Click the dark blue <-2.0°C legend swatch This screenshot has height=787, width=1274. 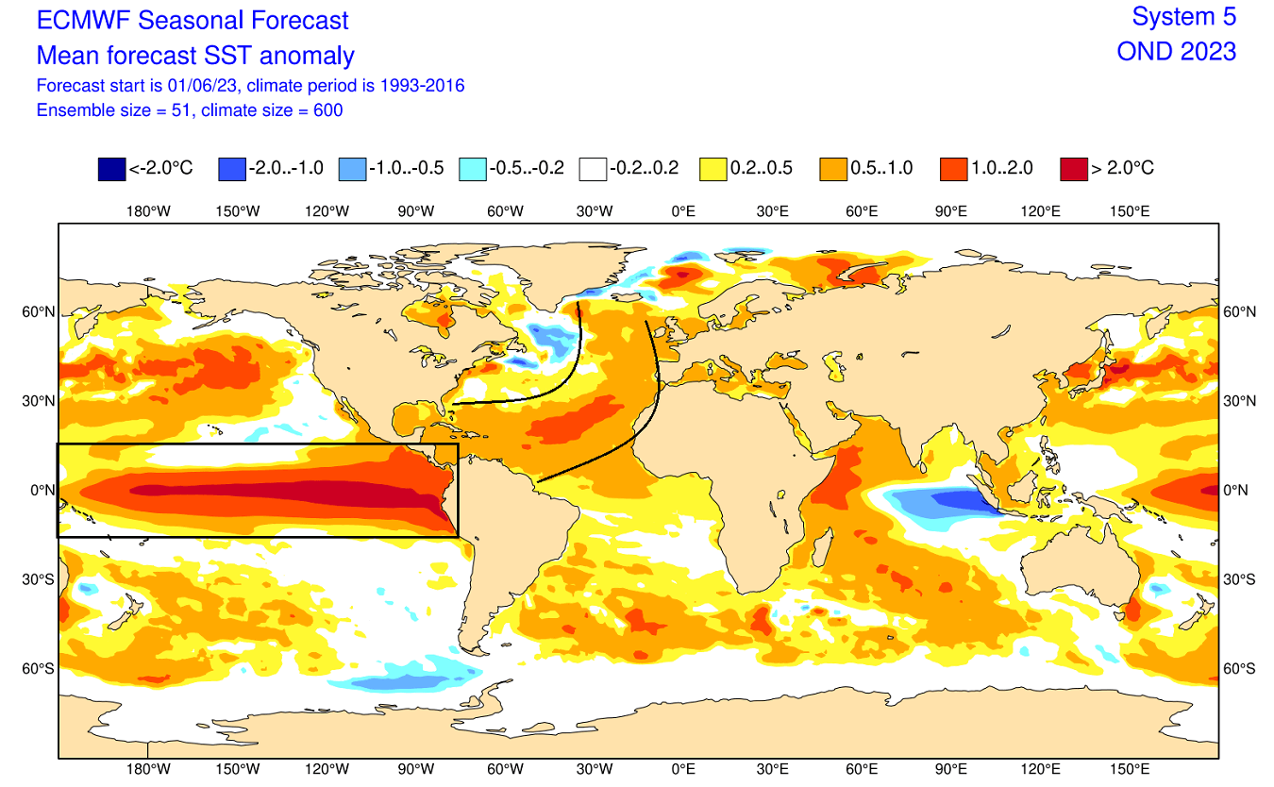(x=111, y=169)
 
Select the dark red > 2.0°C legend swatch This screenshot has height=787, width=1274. (x=1074, y=169)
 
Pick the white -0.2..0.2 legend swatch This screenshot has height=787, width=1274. (x=593, y=169)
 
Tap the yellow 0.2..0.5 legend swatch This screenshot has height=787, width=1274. (x=712, y=169)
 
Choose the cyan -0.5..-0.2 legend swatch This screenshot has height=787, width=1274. (x=472, y=169)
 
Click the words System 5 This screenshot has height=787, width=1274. (x=1183, y=17)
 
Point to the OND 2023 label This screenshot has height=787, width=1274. (x=1176, y=51)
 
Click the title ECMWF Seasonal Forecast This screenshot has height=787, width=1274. (x=193, y=20)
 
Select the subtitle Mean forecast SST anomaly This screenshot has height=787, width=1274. (x=195, y=55)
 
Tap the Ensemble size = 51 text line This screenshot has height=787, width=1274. (x=189, y=110)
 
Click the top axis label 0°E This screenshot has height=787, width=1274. (x=683, y=211)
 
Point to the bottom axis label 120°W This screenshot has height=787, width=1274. (x=327, y=769)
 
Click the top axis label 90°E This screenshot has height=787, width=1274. (x=950, y=211)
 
